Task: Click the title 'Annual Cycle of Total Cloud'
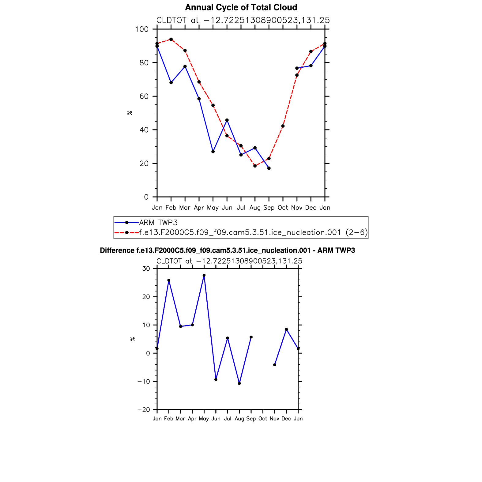[241, 7]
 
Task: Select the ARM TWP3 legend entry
[158, 223]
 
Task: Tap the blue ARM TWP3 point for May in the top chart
[213, 152]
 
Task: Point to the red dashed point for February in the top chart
[171, 39]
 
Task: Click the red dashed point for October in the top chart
[283, 126]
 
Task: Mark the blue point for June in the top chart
[227, 120]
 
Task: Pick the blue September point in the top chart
[269, 168]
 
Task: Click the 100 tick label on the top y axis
[142, 29]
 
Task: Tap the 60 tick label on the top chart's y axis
[144, 96]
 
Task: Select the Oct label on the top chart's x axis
[283, 208]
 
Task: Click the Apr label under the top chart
[199, 208]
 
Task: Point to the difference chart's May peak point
[204, 275]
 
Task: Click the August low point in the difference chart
[239, 383]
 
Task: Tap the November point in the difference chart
[275, 365]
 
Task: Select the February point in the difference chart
[169, 280]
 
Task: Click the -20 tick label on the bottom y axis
[144, 410]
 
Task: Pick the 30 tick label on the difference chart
[146, 269]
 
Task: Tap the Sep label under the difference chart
[251, 419]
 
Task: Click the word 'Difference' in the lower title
[117, 250]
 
